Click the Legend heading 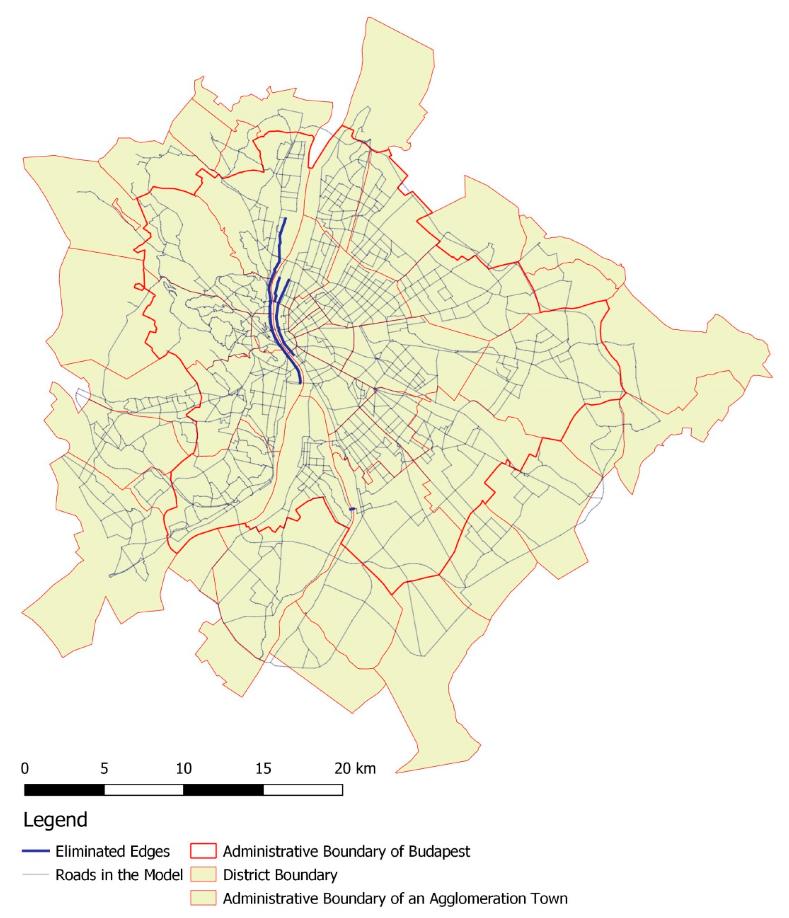(x=55, y=820)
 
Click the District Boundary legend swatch (x=203, y=875)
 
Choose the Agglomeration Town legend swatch (x=203, y=898)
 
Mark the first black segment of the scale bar (x=64, y=790)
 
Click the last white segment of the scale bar (x=303, y=790)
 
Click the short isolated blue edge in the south (x=352, y=509)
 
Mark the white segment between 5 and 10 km (x=144, y=790)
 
